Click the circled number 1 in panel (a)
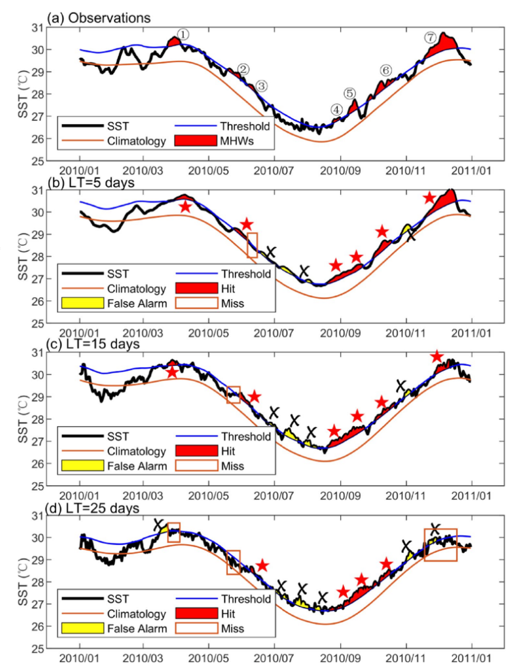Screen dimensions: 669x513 (183, 34)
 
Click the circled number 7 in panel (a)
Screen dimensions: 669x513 (430, 38)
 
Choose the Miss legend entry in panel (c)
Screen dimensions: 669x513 (226, 466)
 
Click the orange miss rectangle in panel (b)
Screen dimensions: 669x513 (252, 245)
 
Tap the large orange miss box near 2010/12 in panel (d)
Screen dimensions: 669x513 (440, 545)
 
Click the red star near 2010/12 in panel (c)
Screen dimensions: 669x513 (436, 357)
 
